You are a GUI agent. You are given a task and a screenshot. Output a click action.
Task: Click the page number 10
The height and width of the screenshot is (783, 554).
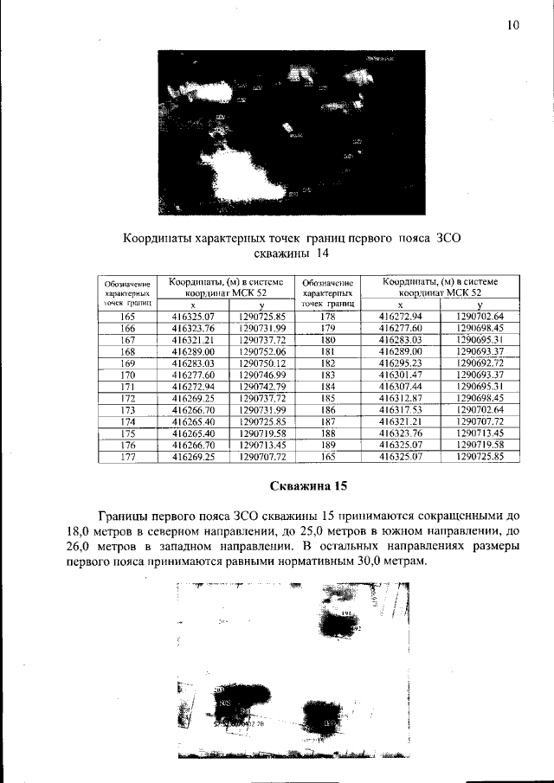[512, 25]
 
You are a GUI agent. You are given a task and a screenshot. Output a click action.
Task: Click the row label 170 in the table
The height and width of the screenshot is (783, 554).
[128, 375]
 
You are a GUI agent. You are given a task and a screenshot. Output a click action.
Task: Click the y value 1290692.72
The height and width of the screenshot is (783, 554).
[480, 363]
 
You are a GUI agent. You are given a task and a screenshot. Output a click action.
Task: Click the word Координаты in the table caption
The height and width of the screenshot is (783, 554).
[160, 236]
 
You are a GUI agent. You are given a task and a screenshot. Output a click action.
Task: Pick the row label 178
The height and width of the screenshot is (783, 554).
[327, 318]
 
